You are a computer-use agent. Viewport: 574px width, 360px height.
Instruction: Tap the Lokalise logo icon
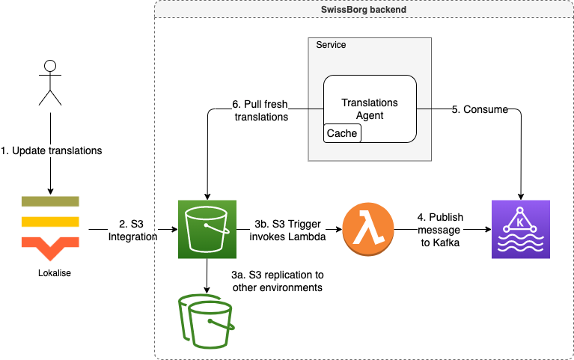tap(50, 224)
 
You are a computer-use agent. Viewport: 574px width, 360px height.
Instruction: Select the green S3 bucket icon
tap(207, 229)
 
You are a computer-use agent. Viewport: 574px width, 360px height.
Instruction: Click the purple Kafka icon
tap(520, 229)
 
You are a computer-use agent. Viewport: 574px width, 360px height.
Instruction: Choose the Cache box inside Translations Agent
tap(341, 133)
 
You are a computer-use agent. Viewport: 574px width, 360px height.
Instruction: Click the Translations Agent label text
tap(370, 109)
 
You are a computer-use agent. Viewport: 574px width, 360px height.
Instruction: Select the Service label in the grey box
tap(331, 45)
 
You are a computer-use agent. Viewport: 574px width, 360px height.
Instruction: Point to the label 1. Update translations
tap(51, 150)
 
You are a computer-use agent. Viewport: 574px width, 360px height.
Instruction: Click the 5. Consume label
tap(480, 109)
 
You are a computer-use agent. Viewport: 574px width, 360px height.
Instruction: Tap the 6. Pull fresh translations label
tap(260, 109)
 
